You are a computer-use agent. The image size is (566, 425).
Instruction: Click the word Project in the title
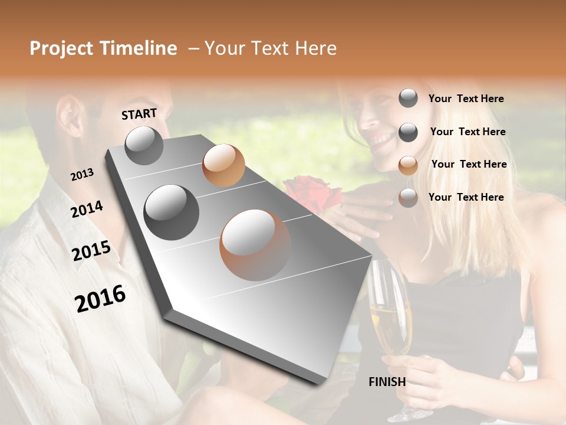click(x=61, y=48)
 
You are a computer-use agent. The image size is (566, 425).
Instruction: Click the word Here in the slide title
click(x=312, y=48)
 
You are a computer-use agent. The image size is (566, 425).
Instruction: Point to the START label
click(x=139, y=114)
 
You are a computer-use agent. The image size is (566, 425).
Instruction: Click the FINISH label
click(x=387, y=382)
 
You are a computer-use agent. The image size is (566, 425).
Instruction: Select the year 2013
click(x=82, y=175)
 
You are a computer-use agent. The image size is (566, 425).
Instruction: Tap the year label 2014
click(x=87, y=210)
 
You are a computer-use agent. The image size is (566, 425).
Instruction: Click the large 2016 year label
click(x=100, y=298)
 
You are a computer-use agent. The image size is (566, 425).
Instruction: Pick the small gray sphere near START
click(x=144, y=145)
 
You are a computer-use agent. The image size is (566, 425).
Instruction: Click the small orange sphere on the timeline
click(x=223, y=165)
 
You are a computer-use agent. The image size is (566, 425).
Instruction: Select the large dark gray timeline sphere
click(x=172, y=212)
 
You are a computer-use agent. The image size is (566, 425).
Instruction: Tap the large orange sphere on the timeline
click(x=255, y=244)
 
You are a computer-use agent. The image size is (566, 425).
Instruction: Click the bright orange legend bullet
click(x=408, y=165)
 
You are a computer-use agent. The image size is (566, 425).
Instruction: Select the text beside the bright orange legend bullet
click(x=469, y=164)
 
